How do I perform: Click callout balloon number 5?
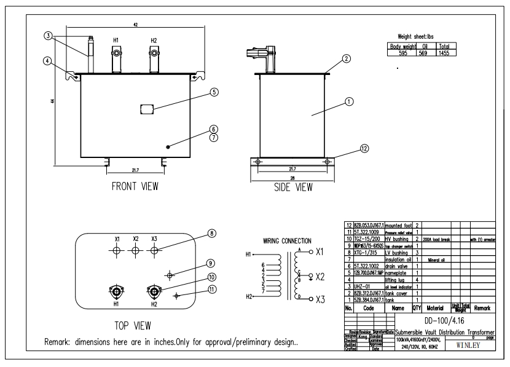[x=214, y=93]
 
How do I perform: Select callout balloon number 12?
[x=365, y=148]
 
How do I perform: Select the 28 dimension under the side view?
[x=292, y=178]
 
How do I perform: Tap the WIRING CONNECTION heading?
[x=287, y=240]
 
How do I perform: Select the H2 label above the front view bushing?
[x=154, y=39]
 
